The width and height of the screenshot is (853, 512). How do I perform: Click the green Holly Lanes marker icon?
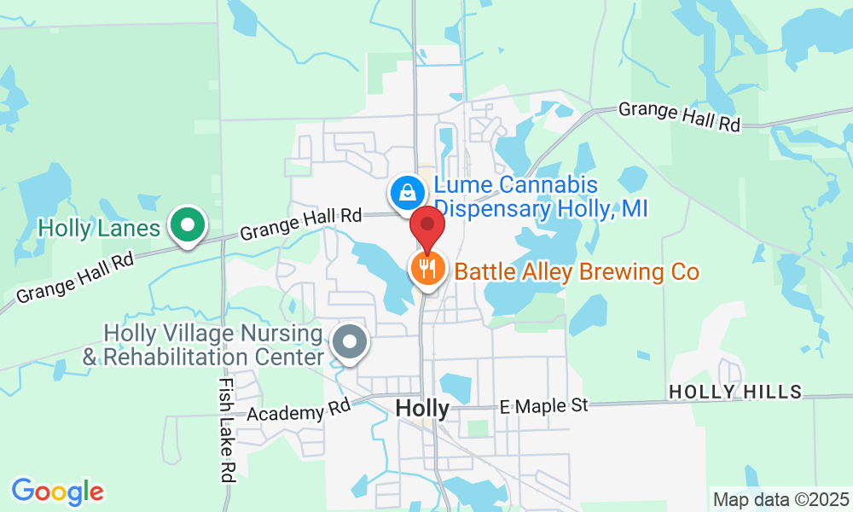pos(187,225)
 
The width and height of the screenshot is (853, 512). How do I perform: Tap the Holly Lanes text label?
pos(100,228)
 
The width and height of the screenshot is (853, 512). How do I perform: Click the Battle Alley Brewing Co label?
pos(577,272)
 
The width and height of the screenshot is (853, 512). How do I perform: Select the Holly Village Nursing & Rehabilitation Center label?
pos(203,345)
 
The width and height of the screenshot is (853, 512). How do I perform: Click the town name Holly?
pos(422,409)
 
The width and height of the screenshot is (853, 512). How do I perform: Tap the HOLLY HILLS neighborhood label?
pos(735,392)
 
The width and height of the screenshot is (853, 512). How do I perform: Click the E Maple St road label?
pos(543,404)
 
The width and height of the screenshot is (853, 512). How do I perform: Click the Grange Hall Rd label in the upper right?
pos(679,116)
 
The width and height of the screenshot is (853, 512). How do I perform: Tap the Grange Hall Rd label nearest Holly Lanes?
pos(301,224)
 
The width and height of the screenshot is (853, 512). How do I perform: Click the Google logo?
pos(57,492)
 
